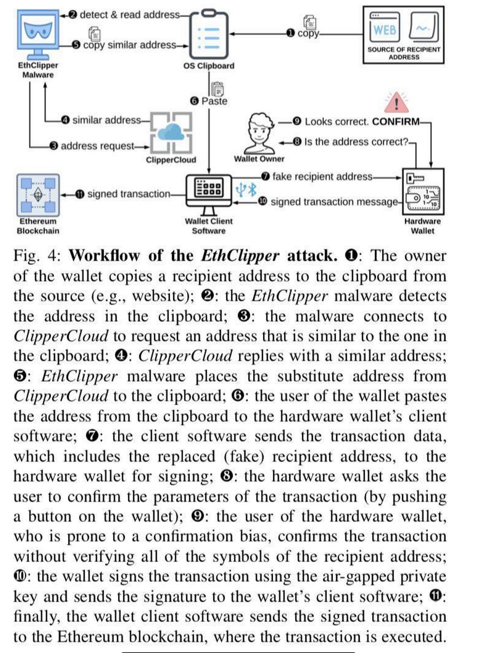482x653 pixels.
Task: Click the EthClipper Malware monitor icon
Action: pos(38,32)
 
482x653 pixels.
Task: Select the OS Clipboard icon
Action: pos(209,34)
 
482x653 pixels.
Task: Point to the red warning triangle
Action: pos(396,103)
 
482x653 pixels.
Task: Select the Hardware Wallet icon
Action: pos(423,191)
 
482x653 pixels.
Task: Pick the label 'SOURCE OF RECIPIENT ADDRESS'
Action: pos(403,53)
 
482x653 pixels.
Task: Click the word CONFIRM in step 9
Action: pos(395,122)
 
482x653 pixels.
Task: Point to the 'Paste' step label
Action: pos(214,101)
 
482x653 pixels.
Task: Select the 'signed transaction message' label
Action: pos(334,202)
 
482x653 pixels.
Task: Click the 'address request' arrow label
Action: pos(97,146)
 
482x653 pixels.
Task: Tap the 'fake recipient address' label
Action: pos(322,177)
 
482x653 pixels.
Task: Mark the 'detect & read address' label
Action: pos(129,15)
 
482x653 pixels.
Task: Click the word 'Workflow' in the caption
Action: pos(104,256)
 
